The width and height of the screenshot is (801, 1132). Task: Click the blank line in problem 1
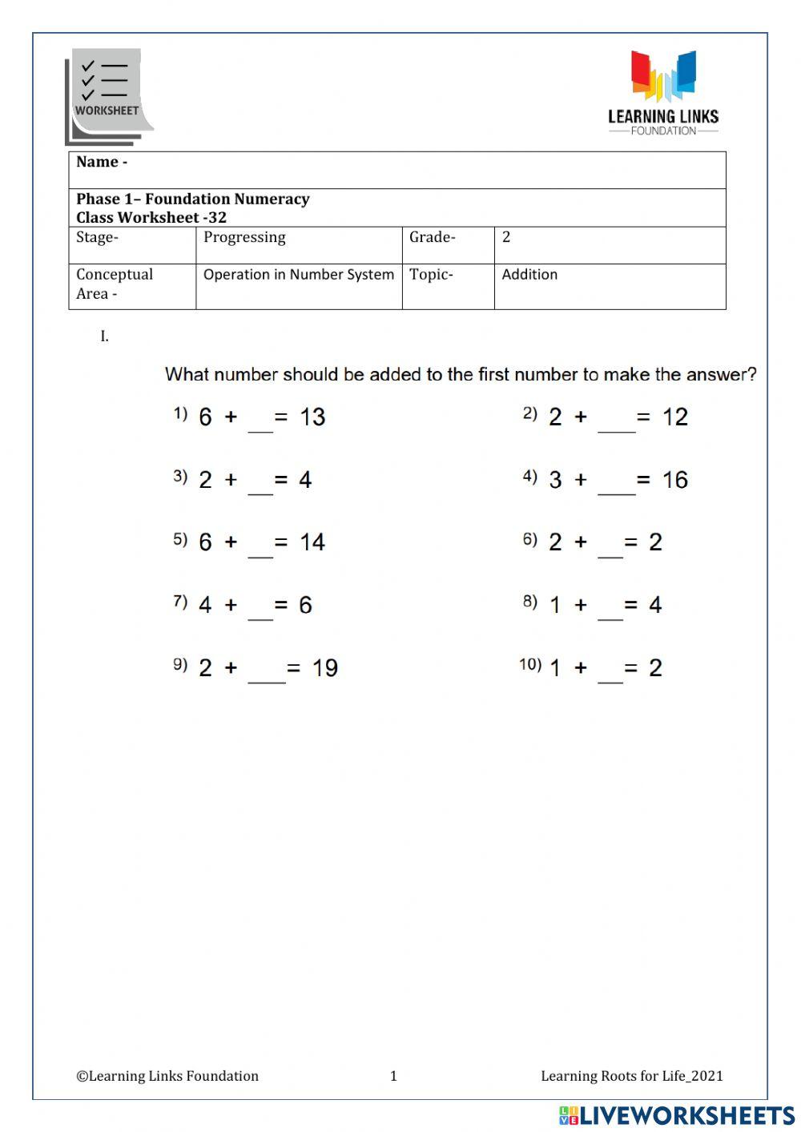pos(260,425)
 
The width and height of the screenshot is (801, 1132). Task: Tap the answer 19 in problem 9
pos(324,668)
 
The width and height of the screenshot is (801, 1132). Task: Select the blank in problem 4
pos(616,487)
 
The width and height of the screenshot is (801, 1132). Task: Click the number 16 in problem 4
pos(674,480)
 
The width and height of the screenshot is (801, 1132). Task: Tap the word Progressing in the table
pos(244,237)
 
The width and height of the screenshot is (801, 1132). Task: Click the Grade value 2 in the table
pos(506,237)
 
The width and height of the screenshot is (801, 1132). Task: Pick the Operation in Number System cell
pos(298,275)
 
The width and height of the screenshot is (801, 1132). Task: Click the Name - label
pos(102,162)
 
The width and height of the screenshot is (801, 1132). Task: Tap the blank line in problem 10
pos(610,675)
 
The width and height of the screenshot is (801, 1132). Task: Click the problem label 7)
pos(180,602)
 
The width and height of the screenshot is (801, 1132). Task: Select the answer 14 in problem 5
pos(312,542)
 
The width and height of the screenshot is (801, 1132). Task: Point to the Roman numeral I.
pos(104,336)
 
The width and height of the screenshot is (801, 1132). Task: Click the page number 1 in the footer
pos(393,1076)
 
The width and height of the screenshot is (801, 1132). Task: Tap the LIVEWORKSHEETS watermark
pos(677,1115)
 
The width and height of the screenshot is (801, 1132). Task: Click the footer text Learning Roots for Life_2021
pos(631,1076)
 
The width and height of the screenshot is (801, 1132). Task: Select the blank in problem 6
pos(610,550)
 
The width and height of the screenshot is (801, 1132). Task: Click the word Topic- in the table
pos(431,275)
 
